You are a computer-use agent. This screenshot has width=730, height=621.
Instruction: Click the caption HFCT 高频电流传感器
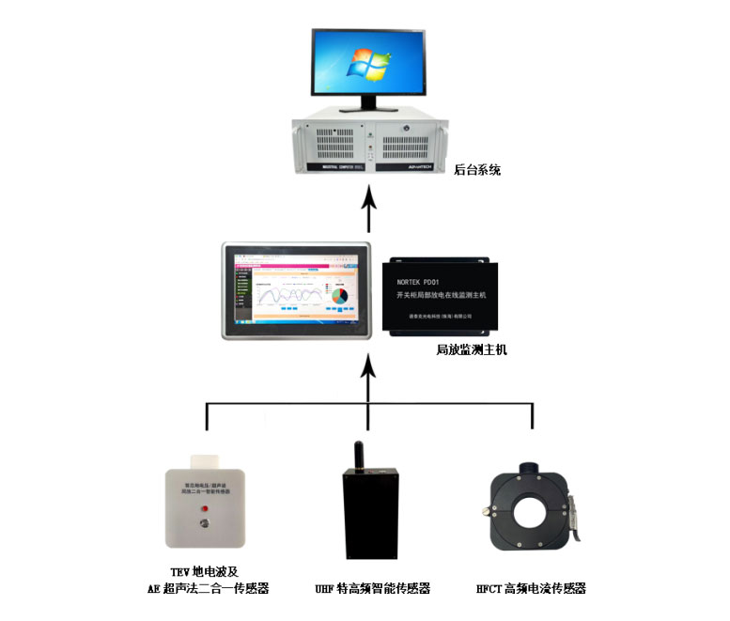point(531,589)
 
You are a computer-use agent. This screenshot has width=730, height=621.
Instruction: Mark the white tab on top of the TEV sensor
point(204,462)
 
